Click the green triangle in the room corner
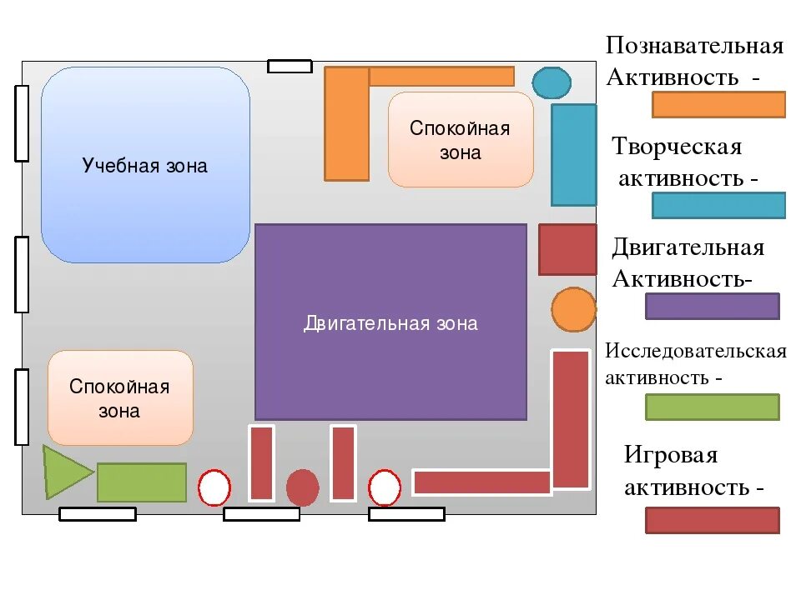click(x=63, y=472)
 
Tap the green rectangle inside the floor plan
click(x=142, y=482)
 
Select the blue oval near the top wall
click(x=552, y=82)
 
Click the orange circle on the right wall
click(x=573, y=309)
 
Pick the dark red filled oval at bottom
click(x=302, y=487)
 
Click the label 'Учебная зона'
click(x=145, y=166)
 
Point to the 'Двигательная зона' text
click(x=390, y=323)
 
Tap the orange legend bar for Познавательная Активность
click(x=718, y=104)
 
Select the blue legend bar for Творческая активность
click(x=718, y=205)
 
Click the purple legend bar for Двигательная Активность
click(x=712, y=306)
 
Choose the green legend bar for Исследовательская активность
click(x=712, y=407)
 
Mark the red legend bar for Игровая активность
click(x=712, y=520)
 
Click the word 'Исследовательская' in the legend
click(x=696, y=350)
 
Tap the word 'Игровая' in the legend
click(x=671, y=455)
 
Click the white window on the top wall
click(x=290, y=67)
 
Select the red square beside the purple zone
click(x=567, y=249)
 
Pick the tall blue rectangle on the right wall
click(x=574, y=155)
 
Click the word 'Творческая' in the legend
click(x=677, y=147)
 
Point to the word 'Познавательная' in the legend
click(x=695, y=45)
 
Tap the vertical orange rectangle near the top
click(x=346, y=123)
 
